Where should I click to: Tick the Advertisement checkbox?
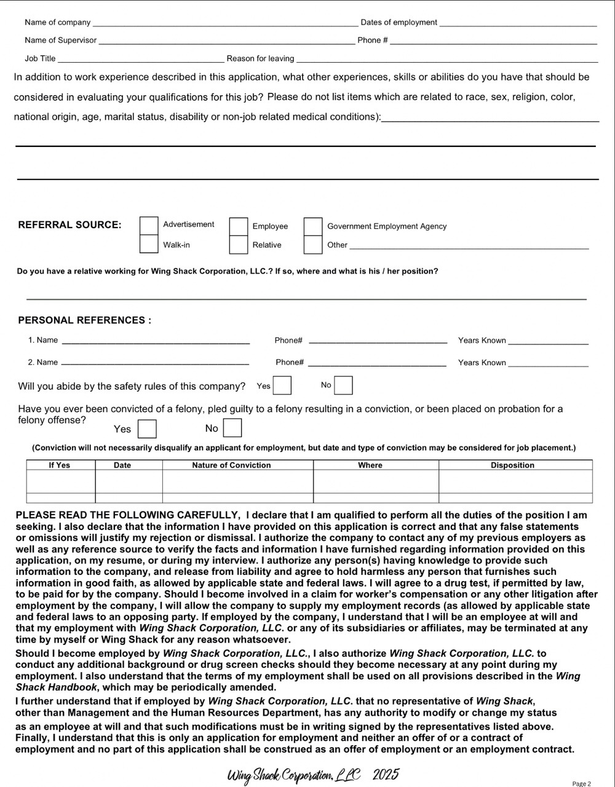click(149, 226)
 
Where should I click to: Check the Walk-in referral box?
click(149, 244)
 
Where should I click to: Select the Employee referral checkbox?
click(239, 227)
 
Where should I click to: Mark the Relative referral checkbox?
click(239, 245)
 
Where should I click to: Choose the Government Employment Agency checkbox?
click(313, 227)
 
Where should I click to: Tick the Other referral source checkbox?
click(313, 245)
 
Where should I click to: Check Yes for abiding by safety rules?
click(282, 386)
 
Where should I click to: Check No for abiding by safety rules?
click(343, 386)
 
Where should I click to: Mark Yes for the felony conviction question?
click(147, 429)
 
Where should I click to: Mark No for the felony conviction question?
click(232, 428)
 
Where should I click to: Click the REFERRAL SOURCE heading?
click(69, 225)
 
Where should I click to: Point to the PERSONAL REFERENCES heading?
click(84, 320)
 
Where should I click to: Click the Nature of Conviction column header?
click(231, 465)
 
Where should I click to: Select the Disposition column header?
click(512, 465)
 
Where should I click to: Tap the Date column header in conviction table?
click(122, 465)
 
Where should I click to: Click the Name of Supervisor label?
click(60, 41)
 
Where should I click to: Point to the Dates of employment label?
click(399, 23)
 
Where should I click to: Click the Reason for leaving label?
click(260, 59)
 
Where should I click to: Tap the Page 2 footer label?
click(581, 783)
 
